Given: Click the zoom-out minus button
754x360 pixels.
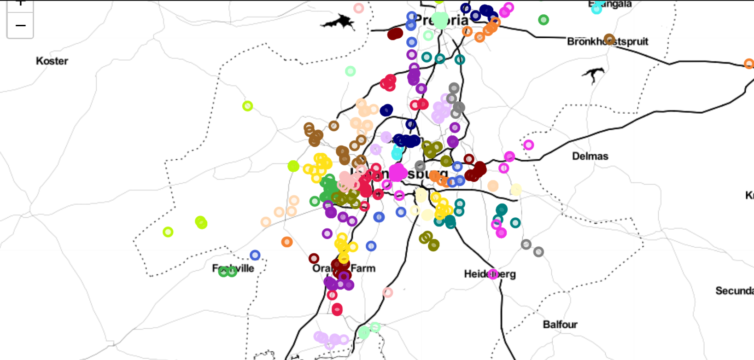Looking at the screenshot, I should tap(20, 26).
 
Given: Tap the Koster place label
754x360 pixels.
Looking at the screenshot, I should tap(52, 61).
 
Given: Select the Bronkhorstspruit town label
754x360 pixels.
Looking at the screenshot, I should tap(607, 41).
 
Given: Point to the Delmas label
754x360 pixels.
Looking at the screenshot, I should tap(590, 156).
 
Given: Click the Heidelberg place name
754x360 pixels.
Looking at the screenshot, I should tap(490, 274).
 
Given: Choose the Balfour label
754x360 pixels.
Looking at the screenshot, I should tap(560, 324).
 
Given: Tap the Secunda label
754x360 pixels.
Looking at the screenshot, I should tap(734, 290).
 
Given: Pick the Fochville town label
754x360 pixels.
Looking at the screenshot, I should tap(233, 268).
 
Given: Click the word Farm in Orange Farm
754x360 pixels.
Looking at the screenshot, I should tap(363, 268).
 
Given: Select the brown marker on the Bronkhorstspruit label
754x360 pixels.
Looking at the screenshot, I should tap(609, 39).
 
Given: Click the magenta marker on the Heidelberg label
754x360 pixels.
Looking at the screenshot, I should tap(493, 274).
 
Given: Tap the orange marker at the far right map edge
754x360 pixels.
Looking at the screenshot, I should tap(749, 64).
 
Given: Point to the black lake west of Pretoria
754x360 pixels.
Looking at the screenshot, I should tap(339, 22).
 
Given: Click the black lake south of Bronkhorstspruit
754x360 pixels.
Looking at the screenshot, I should tap(593, 74).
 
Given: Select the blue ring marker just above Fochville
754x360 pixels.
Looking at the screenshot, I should tap(255, 255).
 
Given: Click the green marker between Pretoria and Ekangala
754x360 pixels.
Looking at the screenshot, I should tap(544, 20).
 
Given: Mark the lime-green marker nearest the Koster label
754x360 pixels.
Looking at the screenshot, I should tap(247, 106).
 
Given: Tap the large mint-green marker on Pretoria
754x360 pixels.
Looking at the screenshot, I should tap(440, 20).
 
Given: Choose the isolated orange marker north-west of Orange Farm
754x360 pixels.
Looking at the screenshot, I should tap(287, 242).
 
